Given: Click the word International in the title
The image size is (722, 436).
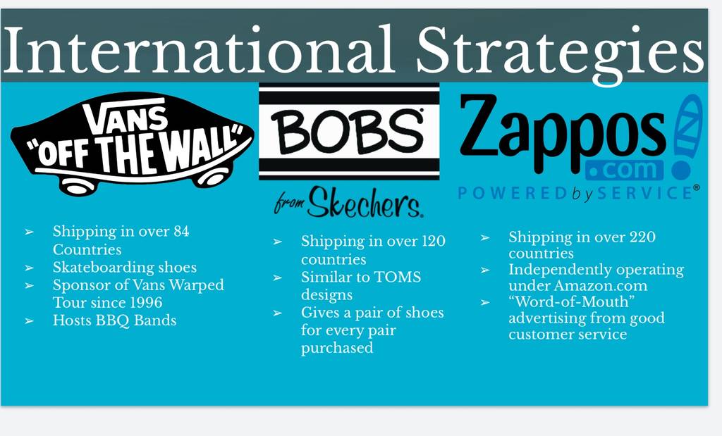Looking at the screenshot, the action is point(198,50).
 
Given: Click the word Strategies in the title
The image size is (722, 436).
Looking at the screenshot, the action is point(560,54).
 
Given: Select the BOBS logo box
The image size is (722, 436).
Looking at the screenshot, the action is point(349,132).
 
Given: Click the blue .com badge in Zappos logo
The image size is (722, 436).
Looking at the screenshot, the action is point(625,170).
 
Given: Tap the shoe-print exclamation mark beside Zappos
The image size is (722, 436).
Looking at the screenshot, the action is point(687,137).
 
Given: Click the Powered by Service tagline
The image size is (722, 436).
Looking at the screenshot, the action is point(578,193).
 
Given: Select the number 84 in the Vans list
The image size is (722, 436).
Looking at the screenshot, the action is point(181,231).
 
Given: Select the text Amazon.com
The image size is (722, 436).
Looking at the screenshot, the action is point(601,285).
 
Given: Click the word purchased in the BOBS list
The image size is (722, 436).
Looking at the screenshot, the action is point(337,348).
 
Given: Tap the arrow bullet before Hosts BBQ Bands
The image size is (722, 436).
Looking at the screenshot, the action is point(29,320).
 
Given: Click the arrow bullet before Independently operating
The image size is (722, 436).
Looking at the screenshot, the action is point(485,270).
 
